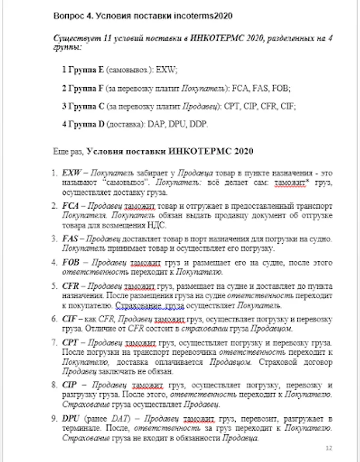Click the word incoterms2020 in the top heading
click(x=207, y=16)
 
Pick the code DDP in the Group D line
click(x=200, y=124)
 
